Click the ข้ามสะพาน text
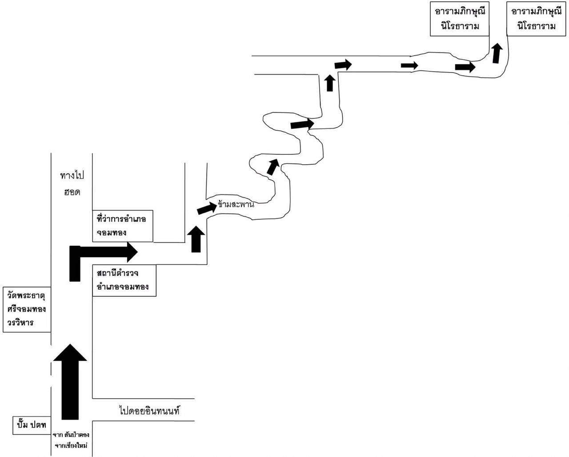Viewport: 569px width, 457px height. pos(236,205)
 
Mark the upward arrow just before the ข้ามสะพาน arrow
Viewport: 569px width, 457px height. pos(196,239)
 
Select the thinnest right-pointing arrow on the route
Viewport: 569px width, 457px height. pos(409,65)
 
